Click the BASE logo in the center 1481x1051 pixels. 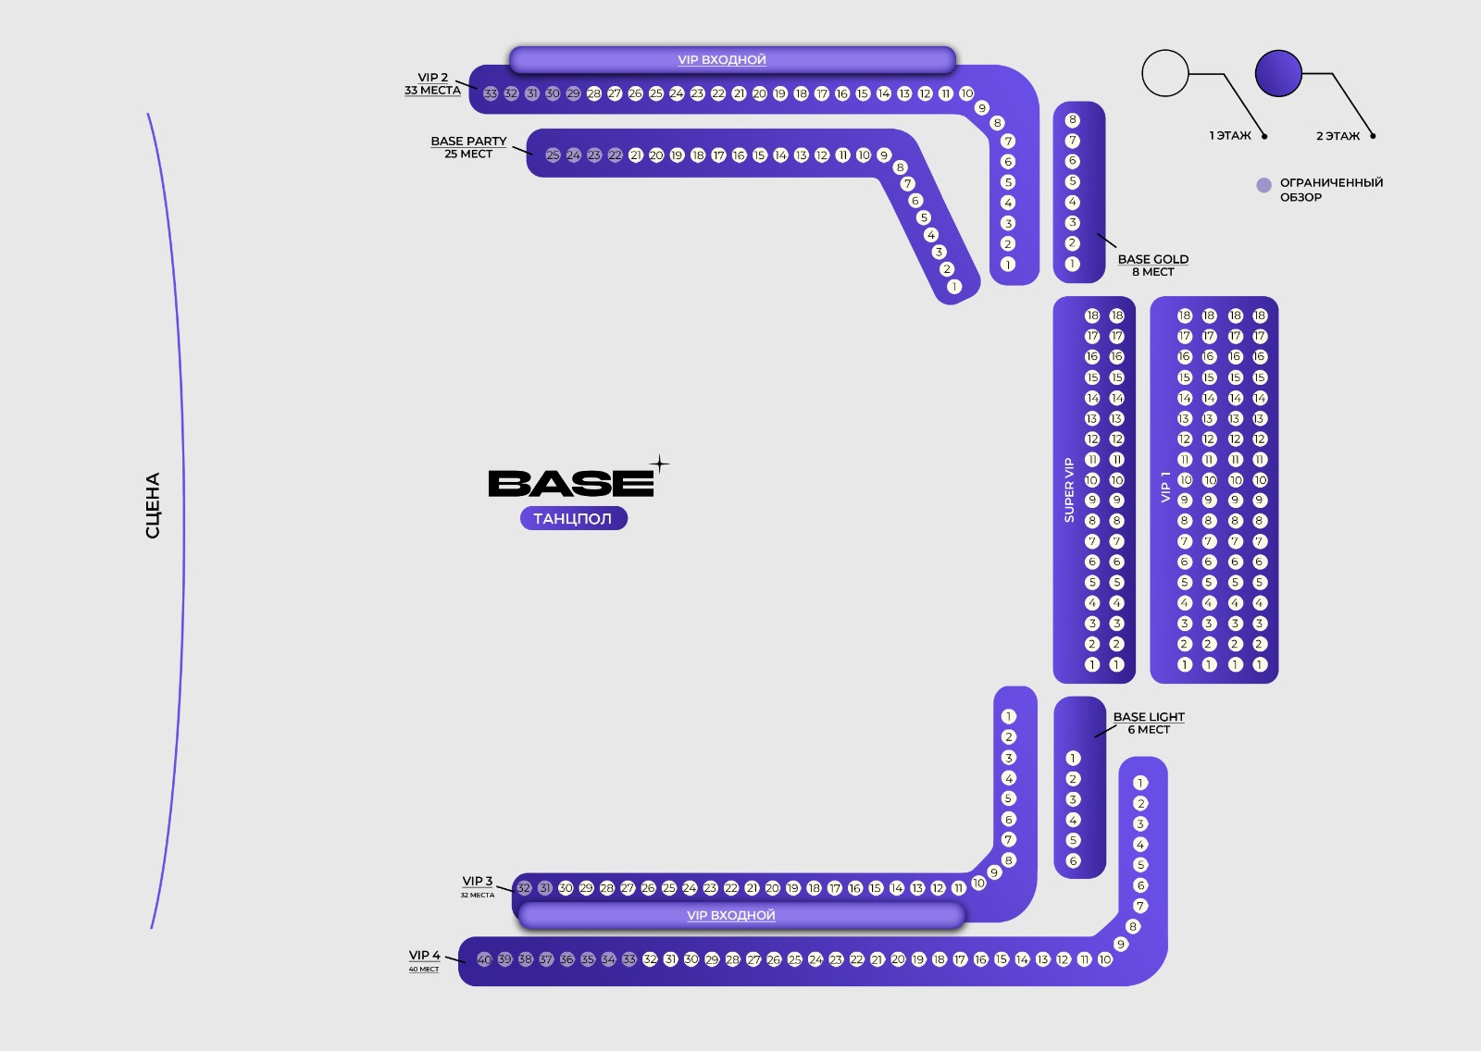point(571,483)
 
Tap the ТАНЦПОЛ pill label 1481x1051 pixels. point(573,519)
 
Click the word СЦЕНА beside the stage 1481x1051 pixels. point(153,505)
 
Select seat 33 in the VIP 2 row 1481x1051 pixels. point(491,93)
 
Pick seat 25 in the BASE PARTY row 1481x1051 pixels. point(553,155)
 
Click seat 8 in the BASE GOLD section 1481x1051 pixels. point(1073,120)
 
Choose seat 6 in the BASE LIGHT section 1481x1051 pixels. point(1074,861)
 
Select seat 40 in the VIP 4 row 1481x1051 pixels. point(483,959)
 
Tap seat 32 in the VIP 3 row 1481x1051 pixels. point(524,888)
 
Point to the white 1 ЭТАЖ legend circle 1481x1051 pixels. point(1164,73)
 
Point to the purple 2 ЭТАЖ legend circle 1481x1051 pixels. point(1278,73)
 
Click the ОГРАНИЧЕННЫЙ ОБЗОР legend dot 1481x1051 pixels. point(1263,185)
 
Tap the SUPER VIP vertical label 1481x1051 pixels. point(1069,490)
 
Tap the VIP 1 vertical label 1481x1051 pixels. point(1165,488)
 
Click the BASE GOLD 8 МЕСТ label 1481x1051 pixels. point(1152,266)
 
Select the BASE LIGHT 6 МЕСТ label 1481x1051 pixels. point(1149,723)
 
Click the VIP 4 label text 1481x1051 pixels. point(425,956)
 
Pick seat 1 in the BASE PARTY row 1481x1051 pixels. point(954,287)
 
